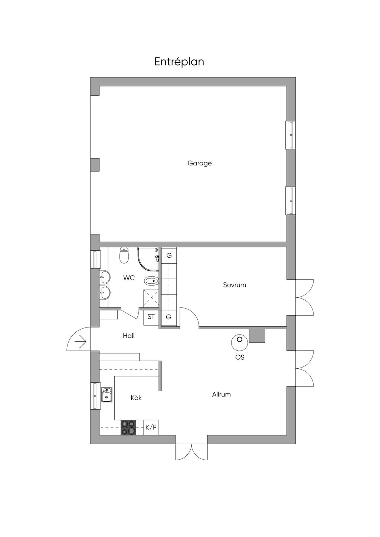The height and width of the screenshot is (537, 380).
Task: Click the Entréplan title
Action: [179, 62]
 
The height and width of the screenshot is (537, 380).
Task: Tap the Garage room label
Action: [200, 163]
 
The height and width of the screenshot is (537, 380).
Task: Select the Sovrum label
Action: [235, 285]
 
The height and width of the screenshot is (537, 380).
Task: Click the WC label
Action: [129, 278]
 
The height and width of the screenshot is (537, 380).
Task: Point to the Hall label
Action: [129, 336]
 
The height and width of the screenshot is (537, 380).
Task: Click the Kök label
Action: [136, 398]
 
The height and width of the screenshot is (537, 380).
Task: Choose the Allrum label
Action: [222, 394]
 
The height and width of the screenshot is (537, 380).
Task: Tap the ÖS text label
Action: [240, 358]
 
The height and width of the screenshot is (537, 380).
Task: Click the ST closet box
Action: [151, 317]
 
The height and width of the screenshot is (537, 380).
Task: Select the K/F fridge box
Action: [151, 427]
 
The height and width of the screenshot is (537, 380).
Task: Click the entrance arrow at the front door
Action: [81, 341]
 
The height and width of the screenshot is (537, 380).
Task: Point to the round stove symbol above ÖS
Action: [239, 342]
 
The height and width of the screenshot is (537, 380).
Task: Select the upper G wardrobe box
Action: [169, 256]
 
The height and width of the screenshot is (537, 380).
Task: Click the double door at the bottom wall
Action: [191, 452]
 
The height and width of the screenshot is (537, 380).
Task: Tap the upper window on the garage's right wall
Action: [291, 135]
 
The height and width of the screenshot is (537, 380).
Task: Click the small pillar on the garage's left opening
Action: [95, 164]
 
